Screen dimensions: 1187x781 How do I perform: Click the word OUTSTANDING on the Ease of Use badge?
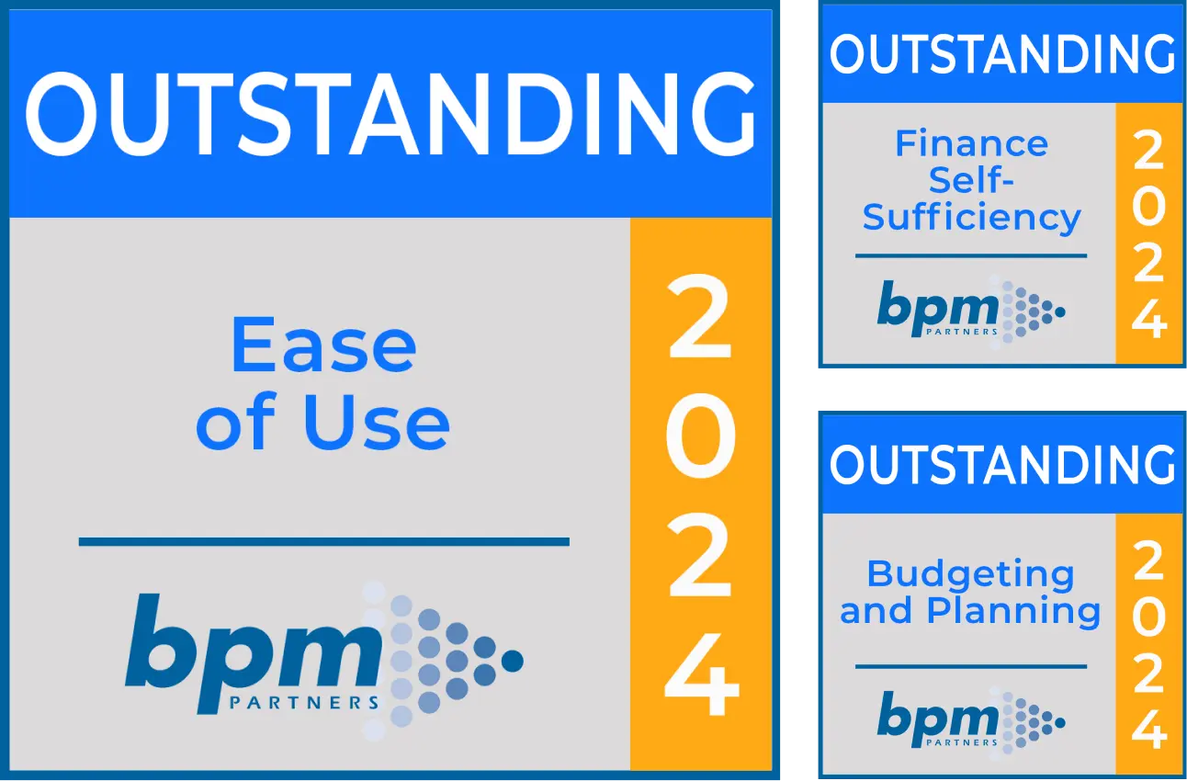pos(390,113)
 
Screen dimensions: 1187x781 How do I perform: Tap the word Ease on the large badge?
pos(323,344)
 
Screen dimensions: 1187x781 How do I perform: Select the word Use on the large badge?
pos(377,422)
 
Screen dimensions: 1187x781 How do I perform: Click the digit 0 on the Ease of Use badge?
pos(701,436)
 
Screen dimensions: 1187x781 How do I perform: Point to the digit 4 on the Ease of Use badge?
pos(702,673)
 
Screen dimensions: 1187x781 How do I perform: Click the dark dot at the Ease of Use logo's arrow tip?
pos(512,662)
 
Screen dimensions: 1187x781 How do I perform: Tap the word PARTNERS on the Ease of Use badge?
pos(304,703)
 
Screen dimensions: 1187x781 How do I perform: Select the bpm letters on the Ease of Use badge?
pos(254,652)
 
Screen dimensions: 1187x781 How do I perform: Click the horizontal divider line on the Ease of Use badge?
pos(323,541)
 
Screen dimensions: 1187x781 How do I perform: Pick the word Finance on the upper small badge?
pos(971,143)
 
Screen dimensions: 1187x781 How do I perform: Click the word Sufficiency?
pos(971,217)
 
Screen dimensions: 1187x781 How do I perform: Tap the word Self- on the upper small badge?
pos(971,180)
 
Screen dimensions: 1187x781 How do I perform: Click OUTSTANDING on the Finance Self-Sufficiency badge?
pos(1002,54)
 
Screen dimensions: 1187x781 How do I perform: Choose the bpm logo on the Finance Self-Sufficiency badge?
pos(971,312)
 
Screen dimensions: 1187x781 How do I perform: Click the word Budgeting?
pos(971,575)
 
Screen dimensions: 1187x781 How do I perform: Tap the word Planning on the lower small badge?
pos(1013,611)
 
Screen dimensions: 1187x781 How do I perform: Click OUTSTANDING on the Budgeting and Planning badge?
pos(1002,465)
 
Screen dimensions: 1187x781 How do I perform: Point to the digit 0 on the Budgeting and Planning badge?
pos(1148,617)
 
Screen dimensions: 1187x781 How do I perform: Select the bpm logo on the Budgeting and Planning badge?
pos(971,723)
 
